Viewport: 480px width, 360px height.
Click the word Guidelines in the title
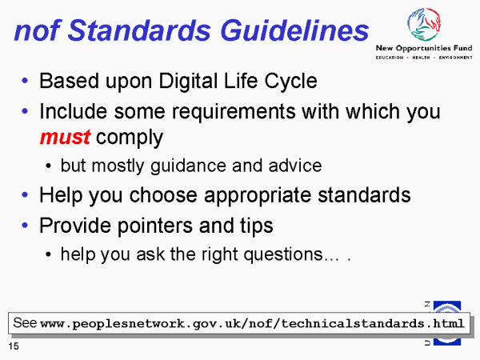click(294, 30)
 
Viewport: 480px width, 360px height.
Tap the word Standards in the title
click(139, 30)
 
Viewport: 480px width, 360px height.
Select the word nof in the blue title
click(38, 30)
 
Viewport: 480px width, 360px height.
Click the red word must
click(65, 137)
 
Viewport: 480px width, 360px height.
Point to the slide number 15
click(14, 346)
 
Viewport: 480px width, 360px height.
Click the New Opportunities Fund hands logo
click(424, 25)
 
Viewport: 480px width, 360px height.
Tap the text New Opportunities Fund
click(424, 48)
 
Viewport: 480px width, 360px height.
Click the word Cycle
click(290, 82)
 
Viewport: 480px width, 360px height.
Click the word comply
click(130, 138)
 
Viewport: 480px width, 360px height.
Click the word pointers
click(155, 226)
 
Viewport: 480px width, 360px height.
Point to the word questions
click(283, 254)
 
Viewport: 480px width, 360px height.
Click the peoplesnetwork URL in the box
click(252, 324)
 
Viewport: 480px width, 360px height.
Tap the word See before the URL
click(25, 323)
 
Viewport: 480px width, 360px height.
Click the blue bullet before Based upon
click(25, 81)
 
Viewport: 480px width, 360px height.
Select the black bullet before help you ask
click(48, 254)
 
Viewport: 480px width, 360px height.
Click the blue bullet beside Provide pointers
click(25, 226)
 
